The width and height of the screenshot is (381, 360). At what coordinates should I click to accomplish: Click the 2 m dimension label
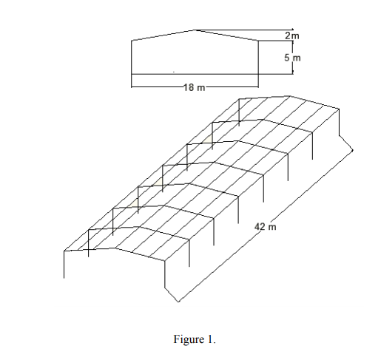tap(292, 36)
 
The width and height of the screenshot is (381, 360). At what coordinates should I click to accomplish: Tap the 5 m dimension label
tap(292, 58)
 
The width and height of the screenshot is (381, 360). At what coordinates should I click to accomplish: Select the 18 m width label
tap(195, 87)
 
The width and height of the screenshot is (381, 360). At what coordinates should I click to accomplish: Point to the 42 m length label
tap(266, 227)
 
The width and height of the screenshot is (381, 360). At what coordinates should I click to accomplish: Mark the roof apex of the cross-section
tap(195, 30)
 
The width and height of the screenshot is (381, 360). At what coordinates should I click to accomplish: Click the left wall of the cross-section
tap(132, 64)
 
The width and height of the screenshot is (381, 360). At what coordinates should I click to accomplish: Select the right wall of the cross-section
tap(258, 64)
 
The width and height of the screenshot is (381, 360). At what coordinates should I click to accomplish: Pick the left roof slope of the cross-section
tap(163, 35)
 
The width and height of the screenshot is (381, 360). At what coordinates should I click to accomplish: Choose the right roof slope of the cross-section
tap(226, 35)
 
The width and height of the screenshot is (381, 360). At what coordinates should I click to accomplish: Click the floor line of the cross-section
tap(195, 74)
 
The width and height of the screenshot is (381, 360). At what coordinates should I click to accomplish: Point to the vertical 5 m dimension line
tap(293, 57)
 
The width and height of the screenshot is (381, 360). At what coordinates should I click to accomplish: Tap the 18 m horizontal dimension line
tap(195, 86)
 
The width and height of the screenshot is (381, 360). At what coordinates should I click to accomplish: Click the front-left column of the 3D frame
tap(64, 265)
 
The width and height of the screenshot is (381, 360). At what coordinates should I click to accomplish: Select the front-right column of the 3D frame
tap(165, 274)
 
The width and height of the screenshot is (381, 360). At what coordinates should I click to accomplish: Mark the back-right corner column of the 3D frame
tap(339, 122)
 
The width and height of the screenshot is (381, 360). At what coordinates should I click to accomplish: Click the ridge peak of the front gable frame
tap(115, 248)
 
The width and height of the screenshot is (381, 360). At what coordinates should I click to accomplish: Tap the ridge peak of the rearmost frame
tap(289, 96)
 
